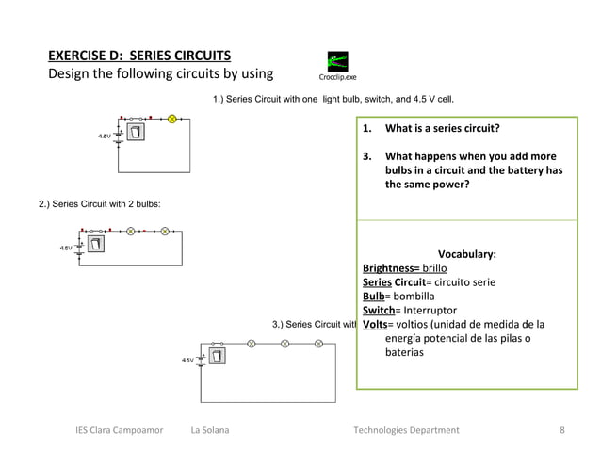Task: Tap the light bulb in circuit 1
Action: (172, 120)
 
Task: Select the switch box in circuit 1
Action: (138, 132)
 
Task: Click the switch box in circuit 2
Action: (96, 245)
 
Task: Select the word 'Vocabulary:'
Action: (467, 254)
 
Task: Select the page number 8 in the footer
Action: (561, 431)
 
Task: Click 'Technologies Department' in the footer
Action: (406, 431)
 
